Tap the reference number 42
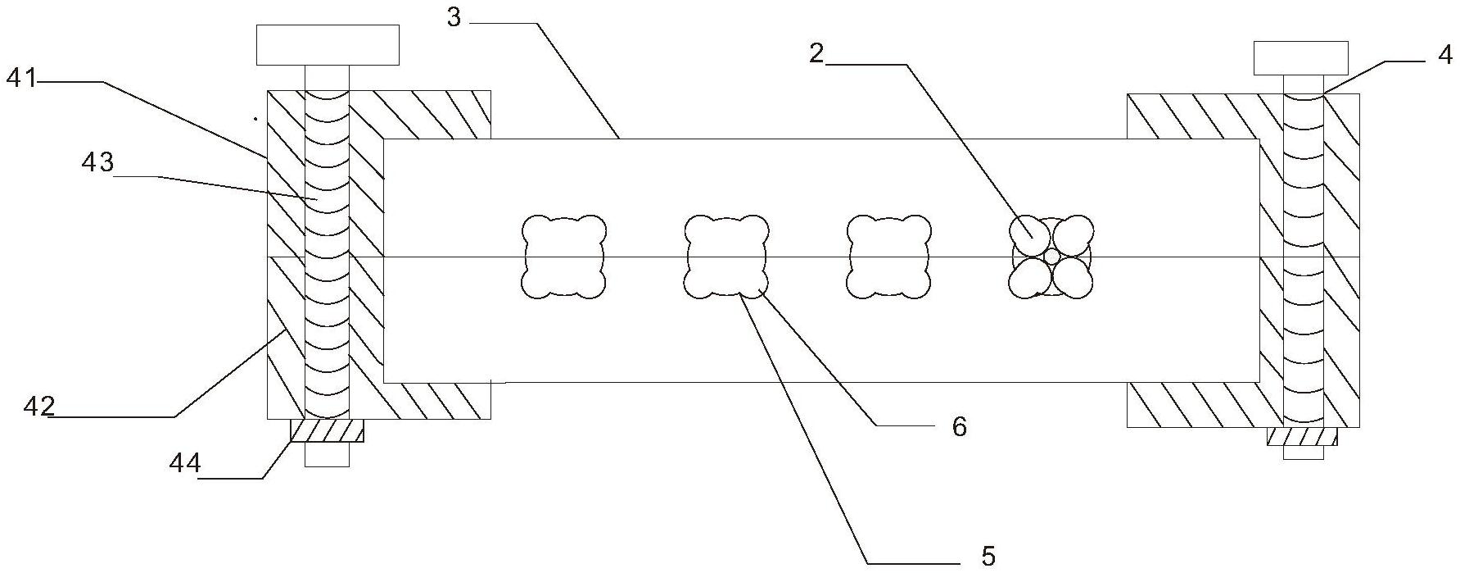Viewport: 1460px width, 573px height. [x=38, y=406]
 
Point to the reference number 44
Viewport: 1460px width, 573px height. [x=185, y=464]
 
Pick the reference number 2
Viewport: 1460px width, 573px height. [x=816, y=53]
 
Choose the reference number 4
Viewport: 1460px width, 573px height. [x=1444, y=55]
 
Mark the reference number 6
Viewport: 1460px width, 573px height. [x=959, y=426]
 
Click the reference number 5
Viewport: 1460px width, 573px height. [x=988, y=556]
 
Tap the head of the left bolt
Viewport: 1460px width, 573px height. [x=328, y=45]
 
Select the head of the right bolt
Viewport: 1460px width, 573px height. [x=1300, y=57]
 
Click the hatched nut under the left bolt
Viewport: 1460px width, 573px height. [x=327, y=431]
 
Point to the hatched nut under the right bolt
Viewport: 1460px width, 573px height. [x=1302, y=437]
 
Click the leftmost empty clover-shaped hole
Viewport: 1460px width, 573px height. [x=564, y=256]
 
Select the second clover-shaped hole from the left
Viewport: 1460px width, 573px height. [x=726, y=256]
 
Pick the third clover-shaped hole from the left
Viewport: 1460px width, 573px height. [x=888, y=256]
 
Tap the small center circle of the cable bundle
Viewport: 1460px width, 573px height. [x=1051, y=257]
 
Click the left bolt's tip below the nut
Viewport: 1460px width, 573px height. [x=327, y=455]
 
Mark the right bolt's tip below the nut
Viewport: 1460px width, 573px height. [x=1303, y=452]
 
